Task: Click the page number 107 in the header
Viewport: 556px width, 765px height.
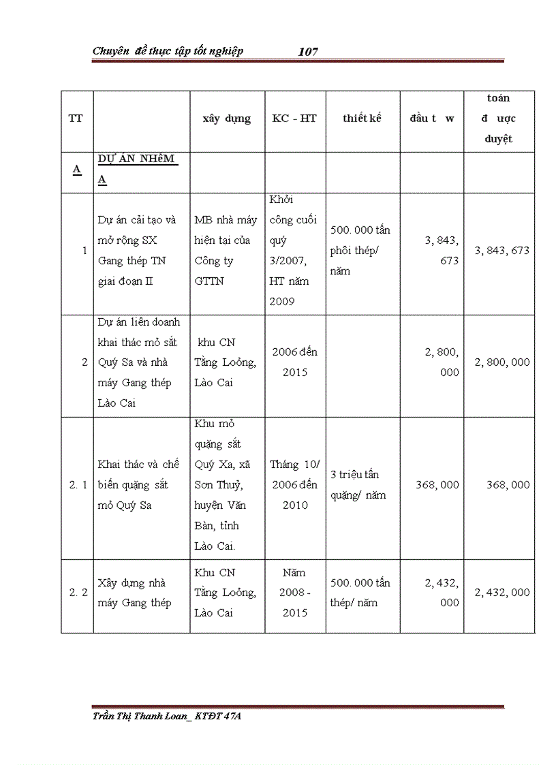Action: [308, 52]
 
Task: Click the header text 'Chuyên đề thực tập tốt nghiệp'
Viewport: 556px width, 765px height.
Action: [168, 51]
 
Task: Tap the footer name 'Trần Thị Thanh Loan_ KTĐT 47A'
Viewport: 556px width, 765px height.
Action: [166, 716]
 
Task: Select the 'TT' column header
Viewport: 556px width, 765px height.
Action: [76, 119]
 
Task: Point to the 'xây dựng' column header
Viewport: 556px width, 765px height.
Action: [226, 119]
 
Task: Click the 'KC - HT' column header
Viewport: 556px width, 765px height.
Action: [294, 119]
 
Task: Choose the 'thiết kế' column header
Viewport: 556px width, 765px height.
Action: [362, 119]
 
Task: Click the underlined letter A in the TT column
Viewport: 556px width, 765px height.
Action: [77, 170]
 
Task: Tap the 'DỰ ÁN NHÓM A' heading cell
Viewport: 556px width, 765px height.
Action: [136, 169]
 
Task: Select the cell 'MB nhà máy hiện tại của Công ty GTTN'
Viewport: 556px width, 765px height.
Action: [226, 250]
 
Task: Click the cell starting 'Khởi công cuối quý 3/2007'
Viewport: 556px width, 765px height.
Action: [294, 250]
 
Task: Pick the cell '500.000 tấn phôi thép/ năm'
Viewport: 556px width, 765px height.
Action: [360, 250]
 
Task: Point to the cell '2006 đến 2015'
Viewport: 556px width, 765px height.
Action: [294, 362]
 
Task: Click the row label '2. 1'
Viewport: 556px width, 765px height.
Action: [78, 485]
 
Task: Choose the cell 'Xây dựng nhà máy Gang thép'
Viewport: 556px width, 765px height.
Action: [135, 593]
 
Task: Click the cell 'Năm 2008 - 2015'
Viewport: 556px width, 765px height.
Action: [294, 593]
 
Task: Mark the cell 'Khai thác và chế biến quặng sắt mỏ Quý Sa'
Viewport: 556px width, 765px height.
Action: [138, 485]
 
